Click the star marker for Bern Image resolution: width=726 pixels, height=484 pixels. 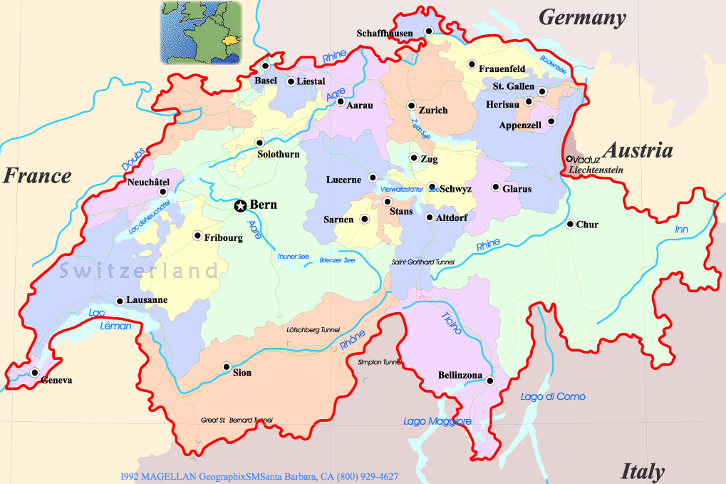pos(241,205)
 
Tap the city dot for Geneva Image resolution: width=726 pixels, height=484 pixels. pos(34,371)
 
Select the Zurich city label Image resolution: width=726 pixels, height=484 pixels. pos(433,110)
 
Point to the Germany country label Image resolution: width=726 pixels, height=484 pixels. pos(582,18)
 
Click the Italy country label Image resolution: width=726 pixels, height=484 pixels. pos(643,471)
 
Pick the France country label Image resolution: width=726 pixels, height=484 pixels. pos(37,175)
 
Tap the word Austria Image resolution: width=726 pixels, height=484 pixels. pos(638,150)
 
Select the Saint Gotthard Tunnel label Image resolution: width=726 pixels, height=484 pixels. pos(422,262)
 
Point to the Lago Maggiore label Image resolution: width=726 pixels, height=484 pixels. pos(437,421)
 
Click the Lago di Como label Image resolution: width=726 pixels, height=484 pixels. pos(543,396)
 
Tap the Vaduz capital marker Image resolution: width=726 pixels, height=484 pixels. pos(570,159)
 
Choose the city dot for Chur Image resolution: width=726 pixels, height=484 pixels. pos(570,224)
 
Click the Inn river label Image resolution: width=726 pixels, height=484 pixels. pos(682,229)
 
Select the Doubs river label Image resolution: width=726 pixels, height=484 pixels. pos(133,159)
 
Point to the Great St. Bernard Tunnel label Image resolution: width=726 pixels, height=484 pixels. pos(237,420)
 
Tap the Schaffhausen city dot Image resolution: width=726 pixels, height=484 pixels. pos(428,31)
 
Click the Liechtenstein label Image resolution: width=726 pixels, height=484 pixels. pos(596,170)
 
